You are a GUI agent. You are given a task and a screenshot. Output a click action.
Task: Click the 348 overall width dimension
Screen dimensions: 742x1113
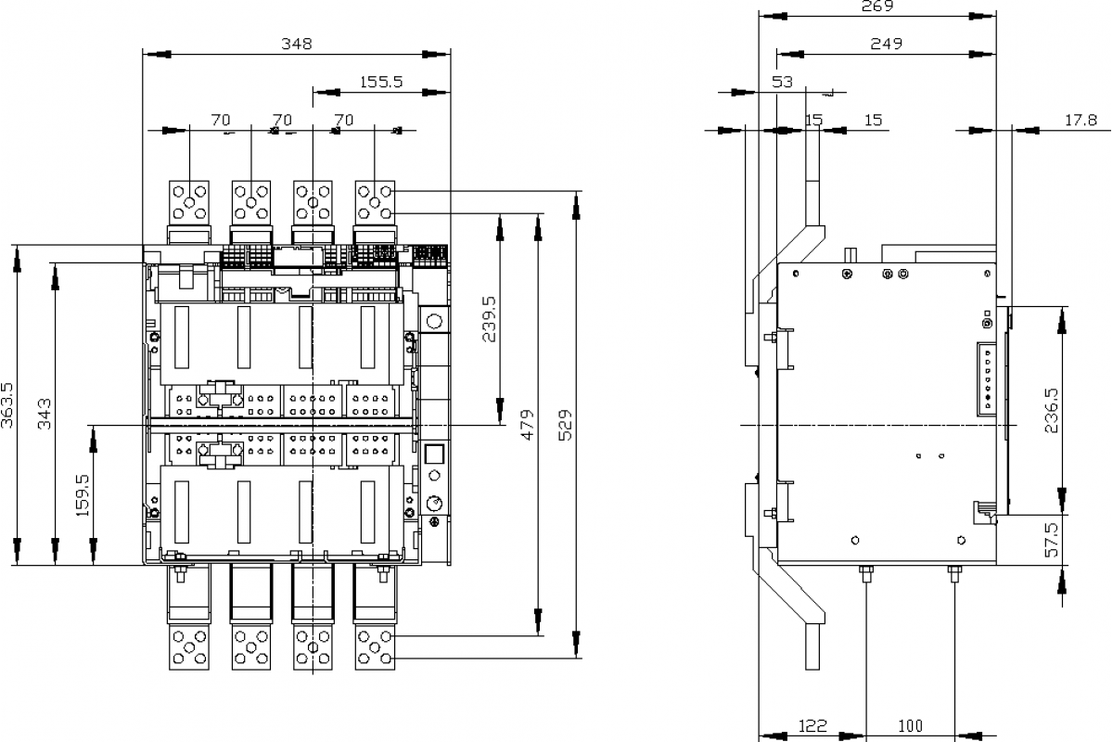297,44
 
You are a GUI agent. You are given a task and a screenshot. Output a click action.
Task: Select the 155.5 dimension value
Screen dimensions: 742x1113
380,82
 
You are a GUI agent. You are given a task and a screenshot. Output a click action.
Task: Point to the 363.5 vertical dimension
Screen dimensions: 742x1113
8,404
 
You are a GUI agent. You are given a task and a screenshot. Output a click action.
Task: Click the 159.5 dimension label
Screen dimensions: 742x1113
83,495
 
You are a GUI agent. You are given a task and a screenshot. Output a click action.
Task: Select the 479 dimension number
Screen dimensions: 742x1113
528,424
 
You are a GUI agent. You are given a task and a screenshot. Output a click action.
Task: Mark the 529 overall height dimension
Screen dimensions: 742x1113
566,424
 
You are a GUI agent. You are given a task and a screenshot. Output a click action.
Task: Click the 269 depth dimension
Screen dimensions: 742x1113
876,6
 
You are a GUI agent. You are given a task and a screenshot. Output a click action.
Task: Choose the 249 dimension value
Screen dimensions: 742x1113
886,44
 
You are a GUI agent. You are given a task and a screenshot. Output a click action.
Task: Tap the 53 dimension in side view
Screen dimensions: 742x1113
783,82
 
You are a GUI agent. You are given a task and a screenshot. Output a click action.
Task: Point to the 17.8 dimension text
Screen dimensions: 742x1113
1081,120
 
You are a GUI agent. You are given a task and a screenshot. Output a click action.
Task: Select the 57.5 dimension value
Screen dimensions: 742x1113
1050,539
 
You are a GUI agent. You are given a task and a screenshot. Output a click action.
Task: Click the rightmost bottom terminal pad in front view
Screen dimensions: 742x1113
376,646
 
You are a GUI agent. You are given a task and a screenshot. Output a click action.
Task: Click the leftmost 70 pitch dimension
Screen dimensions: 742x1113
220,120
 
